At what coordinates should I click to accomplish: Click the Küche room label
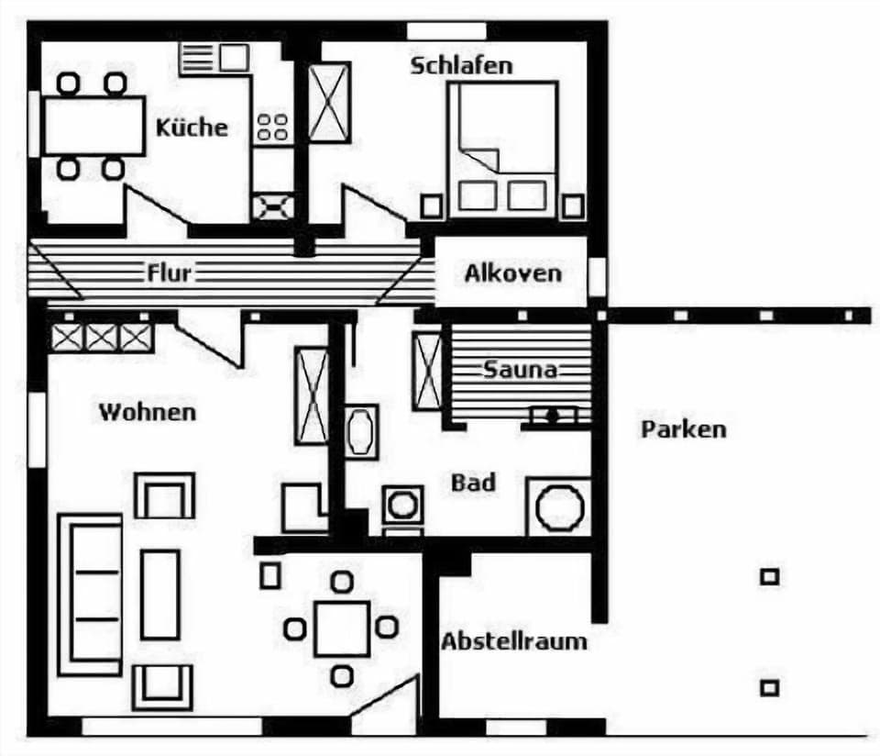(191, 127)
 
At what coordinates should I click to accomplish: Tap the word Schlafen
(461, 66)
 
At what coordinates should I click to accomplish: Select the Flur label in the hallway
(169, 272)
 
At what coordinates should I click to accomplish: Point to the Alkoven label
(512, 273)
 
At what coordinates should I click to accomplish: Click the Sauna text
(520, 370)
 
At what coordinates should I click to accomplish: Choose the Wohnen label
(147, 412)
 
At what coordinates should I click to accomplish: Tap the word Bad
(473, 483)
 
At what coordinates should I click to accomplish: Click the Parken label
(683, 428)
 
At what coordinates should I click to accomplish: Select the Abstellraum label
(513, 640)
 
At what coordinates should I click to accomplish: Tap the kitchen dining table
(93, 126)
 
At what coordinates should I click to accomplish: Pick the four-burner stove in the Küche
(273, 127)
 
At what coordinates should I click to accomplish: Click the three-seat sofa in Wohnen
(90, 595)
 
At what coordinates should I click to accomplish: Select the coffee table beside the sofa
(159, 594)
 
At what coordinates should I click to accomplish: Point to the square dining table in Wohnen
(341, 628)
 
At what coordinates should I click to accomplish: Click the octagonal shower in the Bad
(559, 507)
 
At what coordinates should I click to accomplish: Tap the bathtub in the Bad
(361, 429)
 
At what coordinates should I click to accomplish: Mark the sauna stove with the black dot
(553, 416)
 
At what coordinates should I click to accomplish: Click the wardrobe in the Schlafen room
(329, 102)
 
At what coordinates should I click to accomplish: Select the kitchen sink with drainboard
(215, 58)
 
